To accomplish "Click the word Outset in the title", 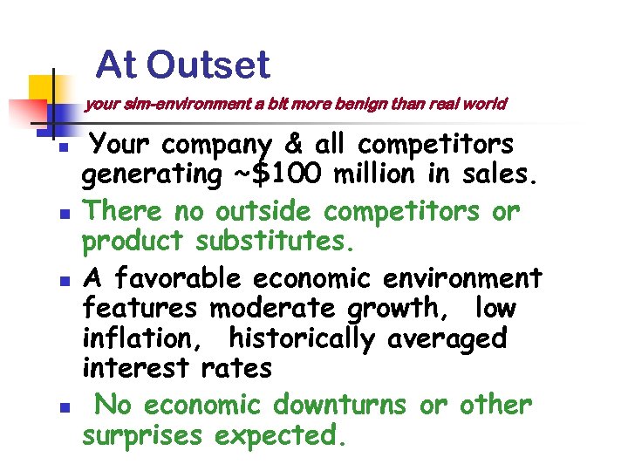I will pyautogui.click(x=208, y=65).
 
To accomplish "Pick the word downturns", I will pyautogui.click(x=339, y=405).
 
